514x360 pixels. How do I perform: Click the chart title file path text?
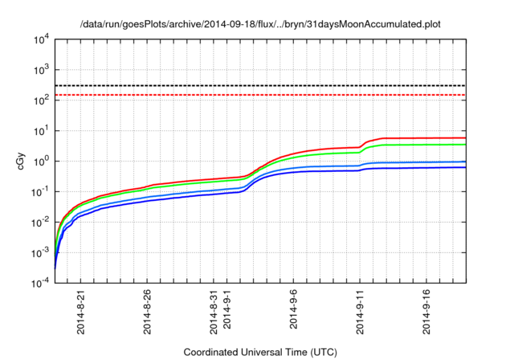pos(261,24)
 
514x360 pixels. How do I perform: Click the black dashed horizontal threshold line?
pos(257,85)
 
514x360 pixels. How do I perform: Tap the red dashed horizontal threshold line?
pos(257,95)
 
